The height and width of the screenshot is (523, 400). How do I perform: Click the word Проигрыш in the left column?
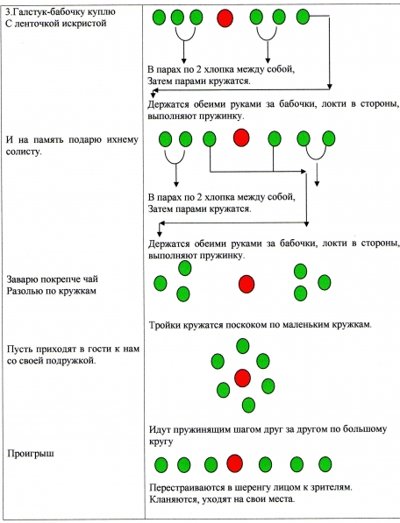click(31, 454)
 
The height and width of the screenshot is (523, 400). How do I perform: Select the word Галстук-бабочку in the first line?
click(52, 12)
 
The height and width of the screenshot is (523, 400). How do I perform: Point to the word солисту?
click(24, 152)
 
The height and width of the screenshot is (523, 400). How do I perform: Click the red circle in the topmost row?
click(225, 18)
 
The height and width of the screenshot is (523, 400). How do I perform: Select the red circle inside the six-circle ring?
click(242, 378)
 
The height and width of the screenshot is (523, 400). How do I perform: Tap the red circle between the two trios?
click(246, 284)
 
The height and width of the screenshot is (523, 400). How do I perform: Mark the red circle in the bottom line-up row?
click(234, 463)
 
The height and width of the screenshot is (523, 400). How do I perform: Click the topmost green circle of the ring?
click(243, 346)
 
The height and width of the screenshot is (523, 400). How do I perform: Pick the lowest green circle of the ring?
click(248, 405)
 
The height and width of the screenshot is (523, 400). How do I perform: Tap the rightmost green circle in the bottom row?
click(325, 464)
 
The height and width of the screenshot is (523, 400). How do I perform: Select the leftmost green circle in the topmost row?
click(160, 17)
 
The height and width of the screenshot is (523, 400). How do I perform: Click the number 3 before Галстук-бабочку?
click(8, 12)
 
